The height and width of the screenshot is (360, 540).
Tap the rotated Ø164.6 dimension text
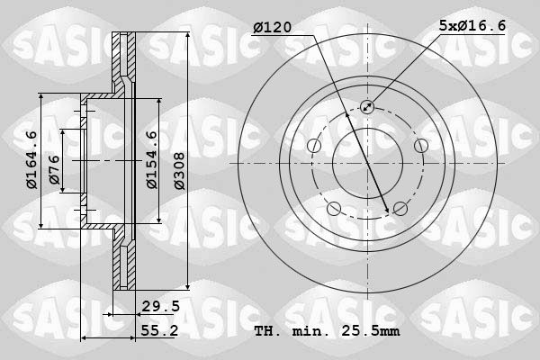click(x=31, y=160)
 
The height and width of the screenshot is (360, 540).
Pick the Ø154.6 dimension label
click(x=152, y=160)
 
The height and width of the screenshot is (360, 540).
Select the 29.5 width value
click(x=161, y=307)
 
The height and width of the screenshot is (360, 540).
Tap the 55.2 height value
click(x=161, y=332)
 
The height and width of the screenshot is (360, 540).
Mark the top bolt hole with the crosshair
click(x=367, y=107)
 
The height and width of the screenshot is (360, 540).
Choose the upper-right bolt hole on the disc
click(x=420, y=146)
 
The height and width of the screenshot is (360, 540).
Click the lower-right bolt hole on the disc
click(x=400, y=209)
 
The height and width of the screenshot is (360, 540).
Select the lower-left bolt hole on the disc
click(x=334, y=209)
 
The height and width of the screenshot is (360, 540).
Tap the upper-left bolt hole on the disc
click(x=313, y=146)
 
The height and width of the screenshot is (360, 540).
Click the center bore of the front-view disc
click(x=367, y=163)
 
